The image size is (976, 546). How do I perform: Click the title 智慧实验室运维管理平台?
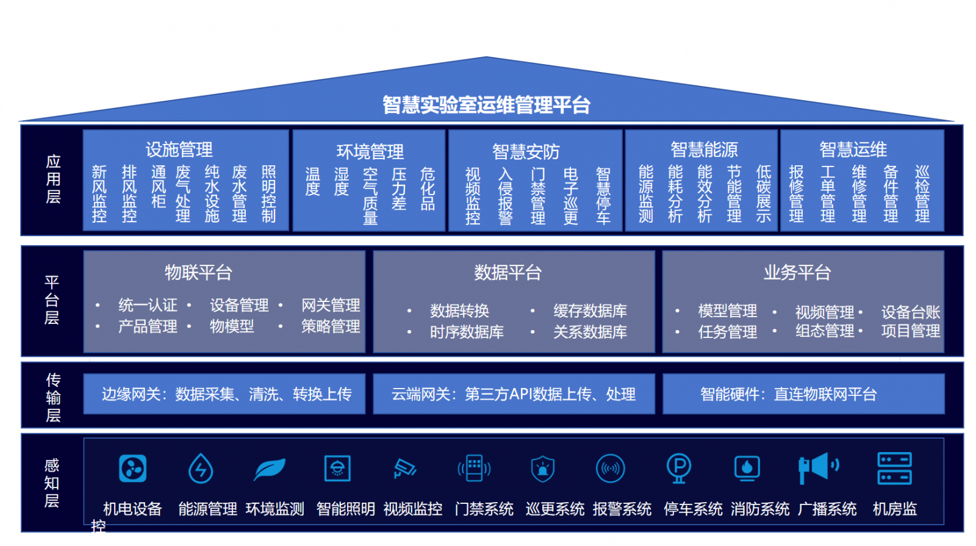tap(486, 105)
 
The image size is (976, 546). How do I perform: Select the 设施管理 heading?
tap(179, 149)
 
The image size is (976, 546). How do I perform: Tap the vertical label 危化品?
tap(428, 189)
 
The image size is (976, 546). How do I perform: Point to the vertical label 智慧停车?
tap(603, 196)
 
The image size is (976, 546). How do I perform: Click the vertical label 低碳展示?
tap(763, 193)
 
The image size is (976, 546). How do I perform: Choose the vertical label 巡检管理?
tap(922, 193)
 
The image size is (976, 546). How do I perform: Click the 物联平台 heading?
tap(198, 272)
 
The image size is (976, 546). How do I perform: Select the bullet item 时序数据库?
tap(467, 332)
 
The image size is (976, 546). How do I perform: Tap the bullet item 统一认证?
tap(148, 305)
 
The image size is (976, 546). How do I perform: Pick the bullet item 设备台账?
tap(910, 312)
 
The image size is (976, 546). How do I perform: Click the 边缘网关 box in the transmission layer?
tap(224, 394)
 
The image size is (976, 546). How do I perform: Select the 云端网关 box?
tap(514, 394)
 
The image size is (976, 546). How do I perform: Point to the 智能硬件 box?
tap(803, 394)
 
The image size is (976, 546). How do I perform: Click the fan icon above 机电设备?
tap(132, 469)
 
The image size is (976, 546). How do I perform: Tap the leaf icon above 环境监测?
tap(269, 469)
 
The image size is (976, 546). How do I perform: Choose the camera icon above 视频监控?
tap(404, 469)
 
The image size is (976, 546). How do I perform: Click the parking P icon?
tap(678, 468)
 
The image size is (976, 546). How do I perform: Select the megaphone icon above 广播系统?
tap(818, 468)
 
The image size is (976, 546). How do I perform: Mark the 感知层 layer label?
tap(52, 483)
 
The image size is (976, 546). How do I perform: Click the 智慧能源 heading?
tap(704, 149)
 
